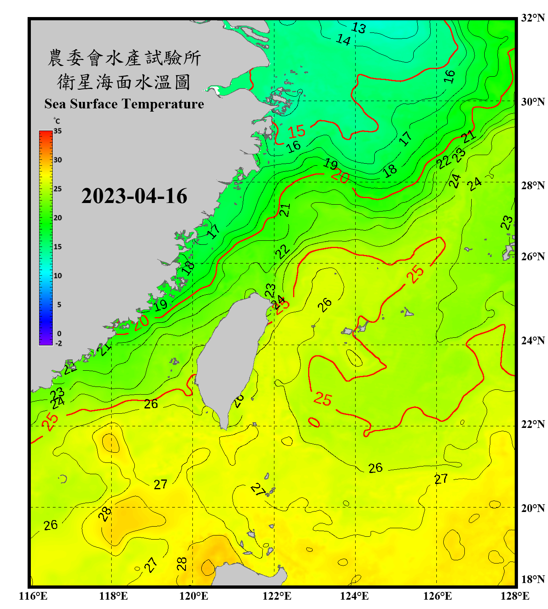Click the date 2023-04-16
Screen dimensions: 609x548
click(x=134, y=196)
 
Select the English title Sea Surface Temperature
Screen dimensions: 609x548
click(x=124, y=104)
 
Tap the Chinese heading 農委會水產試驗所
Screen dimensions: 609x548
click(x=124, y=58)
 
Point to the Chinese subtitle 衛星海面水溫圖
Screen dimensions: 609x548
click(x=124, y=82)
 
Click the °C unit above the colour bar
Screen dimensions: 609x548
click(x=57, y=121)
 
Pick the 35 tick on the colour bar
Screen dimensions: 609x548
click(x=58, y=131)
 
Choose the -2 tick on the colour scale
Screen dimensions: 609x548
click(x=58, y=343)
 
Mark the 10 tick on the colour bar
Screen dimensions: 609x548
click(x=58, y=276)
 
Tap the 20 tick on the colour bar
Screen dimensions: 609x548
click(x=58, y=218)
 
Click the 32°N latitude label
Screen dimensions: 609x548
click(x=533, y=18)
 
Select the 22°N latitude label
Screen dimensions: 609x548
click(x=533, y=424)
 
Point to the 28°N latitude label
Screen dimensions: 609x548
click(x=533, y=186)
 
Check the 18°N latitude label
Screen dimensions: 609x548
click(x=533, y=579)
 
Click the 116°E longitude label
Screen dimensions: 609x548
click(x=33, y=596)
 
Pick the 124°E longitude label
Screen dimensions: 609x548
click(x=355, y=596)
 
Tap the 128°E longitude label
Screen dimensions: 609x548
click(x=515, y=596)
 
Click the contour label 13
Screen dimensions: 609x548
click(x=358, y=28)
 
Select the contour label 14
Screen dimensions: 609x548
click(x=343, y=40)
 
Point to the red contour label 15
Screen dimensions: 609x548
click(x=297, y=132)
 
